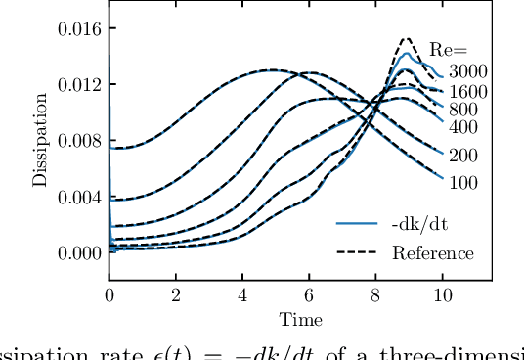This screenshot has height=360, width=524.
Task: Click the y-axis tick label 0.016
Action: [77, 28]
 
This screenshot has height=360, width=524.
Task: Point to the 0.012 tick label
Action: [77, 84]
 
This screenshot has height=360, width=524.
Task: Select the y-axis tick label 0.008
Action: [77, 140]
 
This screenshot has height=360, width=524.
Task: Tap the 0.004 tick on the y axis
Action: [77, 197]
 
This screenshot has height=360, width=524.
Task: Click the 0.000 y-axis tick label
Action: [77, 252]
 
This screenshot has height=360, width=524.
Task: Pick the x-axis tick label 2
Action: [176, 295]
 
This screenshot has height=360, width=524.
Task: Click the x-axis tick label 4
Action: [242, 295]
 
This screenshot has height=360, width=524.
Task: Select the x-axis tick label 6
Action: [309, 295]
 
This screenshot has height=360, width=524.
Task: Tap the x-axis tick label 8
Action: [375, 295]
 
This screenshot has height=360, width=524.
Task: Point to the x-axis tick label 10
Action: [442, 295]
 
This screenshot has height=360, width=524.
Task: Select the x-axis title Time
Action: [299, 319]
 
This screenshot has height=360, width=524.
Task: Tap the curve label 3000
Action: [467, 71]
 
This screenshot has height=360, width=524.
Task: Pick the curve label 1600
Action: [467, 92]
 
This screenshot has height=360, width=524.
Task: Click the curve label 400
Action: [463, 127]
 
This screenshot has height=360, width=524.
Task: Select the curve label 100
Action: [463, 183]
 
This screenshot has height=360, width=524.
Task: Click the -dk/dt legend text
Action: [419, 223]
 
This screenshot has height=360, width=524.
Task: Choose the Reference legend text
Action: [432, 253]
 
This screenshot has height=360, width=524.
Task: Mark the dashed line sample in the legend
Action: [357, 252]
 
